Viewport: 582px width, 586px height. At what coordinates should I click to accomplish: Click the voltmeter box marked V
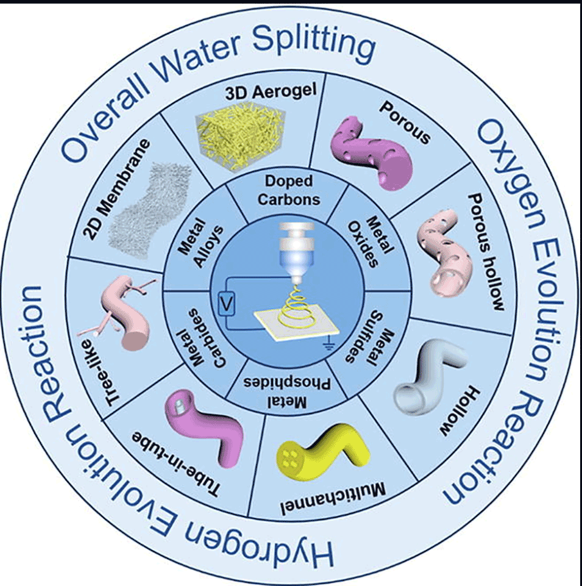[x=226, y=306]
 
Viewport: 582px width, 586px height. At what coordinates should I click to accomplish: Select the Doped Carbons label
[x=289, y=190]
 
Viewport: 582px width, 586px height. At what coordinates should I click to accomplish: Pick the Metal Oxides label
[x=370, y=241]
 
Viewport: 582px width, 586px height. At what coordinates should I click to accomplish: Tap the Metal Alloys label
[x=201, y=242]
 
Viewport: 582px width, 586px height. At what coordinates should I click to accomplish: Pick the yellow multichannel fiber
[x=324, y=451]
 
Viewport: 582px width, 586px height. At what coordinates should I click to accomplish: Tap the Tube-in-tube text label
[x=176, y=464]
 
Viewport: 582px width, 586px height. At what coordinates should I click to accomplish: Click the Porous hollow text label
[x=486, y=252]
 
